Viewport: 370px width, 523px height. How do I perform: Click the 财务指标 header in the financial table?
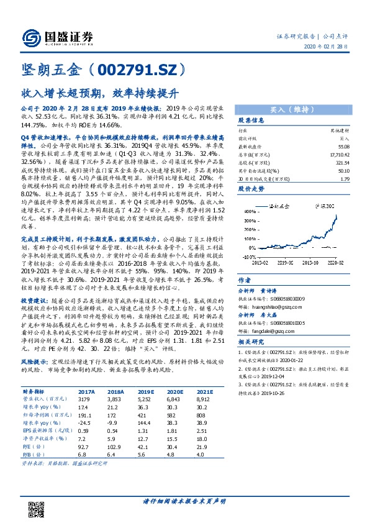click(x=34, y=393)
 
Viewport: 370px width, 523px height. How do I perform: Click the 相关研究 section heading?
click(x=252, y=342)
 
